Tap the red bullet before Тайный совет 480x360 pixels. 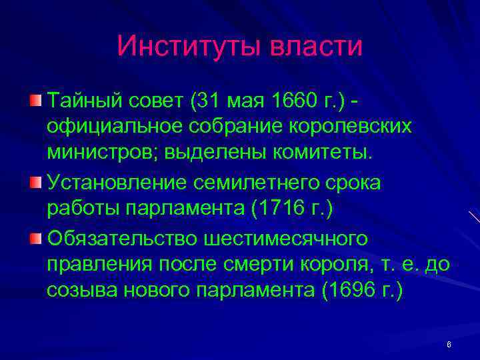pyautogui.click(x=35, y=101)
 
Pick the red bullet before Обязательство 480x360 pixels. pyautogui.click(x=35, y=238)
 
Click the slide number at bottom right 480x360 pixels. pyautogui.click(x=449, y=345)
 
